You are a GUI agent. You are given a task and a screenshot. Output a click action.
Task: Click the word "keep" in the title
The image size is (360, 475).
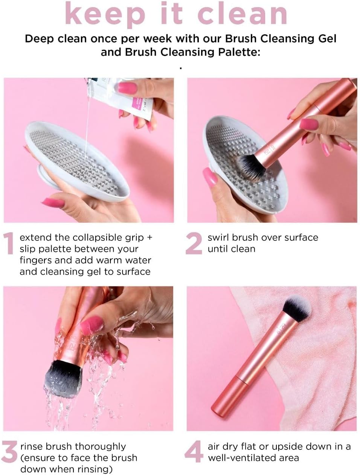[105, 15]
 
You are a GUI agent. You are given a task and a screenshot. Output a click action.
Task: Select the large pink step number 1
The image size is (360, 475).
[9, 243]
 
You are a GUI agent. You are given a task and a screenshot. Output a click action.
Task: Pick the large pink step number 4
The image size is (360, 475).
[194, 451]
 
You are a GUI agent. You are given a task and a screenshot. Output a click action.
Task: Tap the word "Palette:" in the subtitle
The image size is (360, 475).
[239, 52]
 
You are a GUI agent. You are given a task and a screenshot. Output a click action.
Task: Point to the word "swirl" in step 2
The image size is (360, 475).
[218, 237]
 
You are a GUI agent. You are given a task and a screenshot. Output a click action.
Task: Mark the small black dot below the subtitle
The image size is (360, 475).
[180, 69]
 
